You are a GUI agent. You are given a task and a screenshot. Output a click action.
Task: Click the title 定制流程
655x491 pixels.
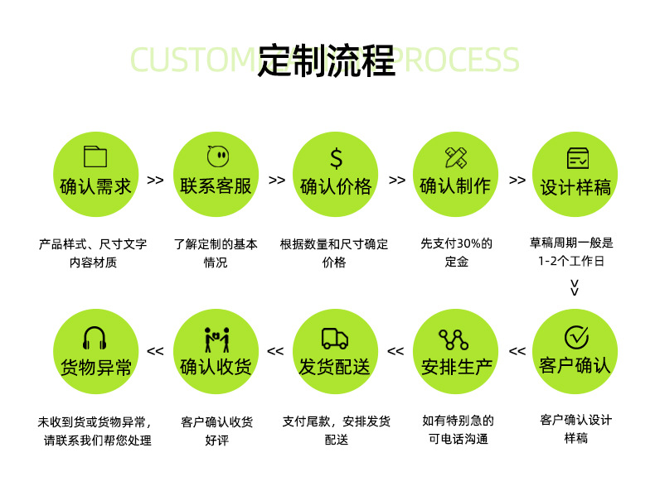pos(326,60)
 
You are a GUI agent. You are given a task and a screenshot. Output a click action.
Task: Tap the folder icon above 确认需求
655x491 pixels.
pos(95,156)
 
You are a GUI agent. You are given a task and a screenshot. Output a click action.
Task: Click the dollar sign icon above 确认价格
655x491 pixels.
pos(336,157)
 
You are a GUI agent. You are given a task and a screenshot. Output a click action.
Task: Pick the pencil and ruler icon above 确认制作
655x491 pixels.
pos(455,156)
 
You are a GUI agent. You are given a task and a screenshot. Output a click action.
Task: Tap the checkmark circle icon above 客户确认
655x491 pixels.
pos(576,337)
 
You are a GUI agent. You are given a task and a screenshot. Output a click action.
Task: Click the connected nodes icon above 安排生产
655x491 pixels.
pos(454,339)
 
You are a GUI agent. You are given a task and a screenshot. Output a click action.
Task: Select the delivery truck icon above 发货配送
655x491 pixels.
pos(335,338)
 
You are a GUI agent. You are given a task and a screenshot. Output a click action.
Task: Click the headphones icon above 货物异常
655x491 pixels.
pos(95,338)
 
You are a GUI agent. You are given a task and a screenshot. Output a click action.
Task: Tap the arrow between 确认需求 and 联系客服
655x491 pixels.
pos(155,180)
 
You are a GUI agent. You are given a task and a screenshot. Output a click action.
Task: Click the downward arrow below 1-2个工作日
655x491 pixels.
pos(575,287)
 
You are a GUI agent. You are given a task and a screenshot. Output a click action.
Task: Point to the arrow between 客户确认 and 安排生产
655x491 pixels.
pos(517,351)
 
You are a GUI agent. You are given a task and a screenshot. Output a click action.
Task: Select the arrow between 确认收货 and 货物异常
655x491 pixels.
pos(155,351)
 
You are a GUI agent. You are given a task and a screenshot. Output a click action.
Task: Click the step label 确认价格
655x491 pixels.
pos(336,186)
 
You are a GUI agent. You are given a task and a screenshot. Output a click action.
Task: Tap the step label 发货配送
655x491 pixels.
pos(335,366)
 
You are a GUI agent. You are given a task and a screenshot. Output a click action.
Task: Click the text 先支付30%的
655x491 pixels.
pos(456,243)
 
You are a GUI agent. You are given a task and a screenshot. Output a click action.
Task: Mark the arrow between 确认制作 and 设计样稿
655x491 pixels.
pos(517,180)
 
